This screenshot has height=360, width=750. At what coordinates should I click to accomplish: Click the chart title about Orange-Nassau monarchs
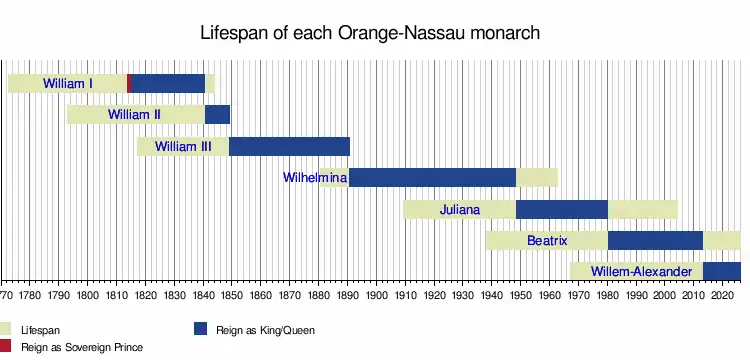(370, 33)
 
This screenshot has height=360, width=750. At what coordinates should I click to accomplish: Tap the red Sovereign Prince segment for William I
(129, 84)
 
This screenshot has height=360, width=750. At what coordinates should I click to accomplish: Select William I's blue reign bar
(168, 84)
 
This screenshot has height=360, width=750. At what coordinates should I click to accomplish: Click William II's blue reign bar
(218, 115)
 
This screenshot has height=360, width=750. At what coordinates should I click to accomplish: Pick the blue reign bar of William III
(289, 146)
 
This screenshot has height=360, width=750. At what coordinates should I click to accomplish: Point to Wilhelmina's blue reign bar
(432, 177)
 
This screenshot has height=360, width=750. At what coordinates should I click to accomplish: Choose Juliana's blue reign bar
(562, 209)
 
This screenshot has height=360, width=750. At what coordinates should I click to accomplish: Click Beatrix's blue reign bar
(656, 240)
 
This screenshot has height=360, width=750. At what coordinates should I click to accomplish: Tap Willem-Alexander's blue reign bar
(722, 272)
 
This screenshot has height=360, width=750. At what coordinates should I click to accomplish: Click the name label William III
(183, 146)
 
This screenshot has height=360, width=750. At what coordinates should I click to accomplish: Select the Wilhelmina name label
(315, 177)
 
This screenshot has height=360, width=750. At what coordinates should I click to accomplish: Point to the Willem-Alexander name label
(641, 272)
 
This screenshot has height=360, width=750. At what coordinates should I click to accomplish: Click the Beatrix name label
(547, 240)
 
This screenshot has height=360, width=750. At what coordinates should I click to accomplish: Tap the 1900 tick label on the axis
(376, 293)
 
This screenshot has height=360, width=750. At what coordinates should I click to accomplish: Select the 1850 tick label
(232, 293)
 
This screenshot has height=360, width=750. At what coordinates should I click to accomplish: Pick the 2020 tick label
(722, 293)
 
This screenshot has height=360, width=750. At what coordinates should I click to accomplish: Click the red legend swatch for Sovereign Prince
(5, 346)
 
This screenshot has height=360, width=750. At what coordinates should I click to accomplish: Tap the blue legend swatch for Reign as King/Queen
(200, 329)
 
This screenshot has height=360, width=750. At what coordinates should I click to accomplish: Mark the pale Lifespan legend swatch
(5, 329)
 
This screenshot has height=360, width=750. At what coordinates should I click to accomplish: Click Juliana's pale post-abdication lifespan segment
(643, 209)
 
